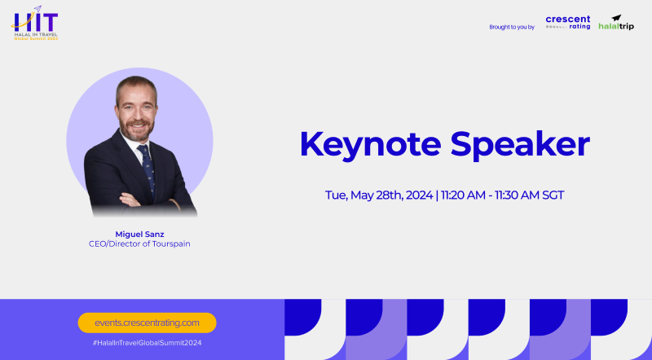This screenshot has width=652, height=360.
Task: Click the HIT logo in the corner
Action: pos(35,23)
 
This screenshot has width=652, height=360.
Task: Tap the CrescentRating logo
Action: pos(567,23)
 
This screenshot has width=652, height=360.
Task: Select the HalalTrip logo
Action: pos(616,23)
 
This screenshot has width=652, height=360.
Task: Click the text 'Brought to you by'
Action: pos(512,27)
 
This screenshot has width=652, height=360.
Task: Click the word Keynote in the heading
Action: pos(370,144)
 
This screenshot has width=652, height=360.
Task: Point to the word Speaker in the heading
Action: pos(520,144)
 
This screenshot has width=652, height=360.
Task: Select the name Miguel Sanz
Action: pos(139,234)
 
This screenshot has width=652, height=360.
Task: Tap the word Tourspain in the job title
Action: pos(171,244)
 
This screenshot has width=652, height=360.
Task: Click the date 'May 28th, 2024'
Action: pos(392,195)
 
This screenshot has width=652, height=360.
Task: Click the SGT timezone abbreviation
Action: pos(553,195)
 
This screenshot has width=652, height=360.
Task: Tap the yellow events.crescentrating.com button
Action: pos(148,323)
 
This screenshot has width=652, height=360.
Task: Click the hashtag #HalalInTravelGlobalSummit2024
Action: pos(148,343)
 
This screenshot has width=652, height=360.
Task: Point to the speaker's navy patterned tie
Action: pos(147,169)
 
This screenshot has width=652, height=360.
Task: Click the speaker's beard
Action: pos(135,130)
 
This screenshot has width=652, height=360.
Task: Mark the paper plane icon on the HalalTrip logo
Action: pos(616,18)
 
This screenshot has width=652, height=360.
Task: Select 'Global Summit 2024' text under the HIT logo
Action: pos(36,38)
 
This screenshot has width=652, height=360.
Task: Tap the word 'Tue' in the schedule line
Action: pos(336,195)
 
